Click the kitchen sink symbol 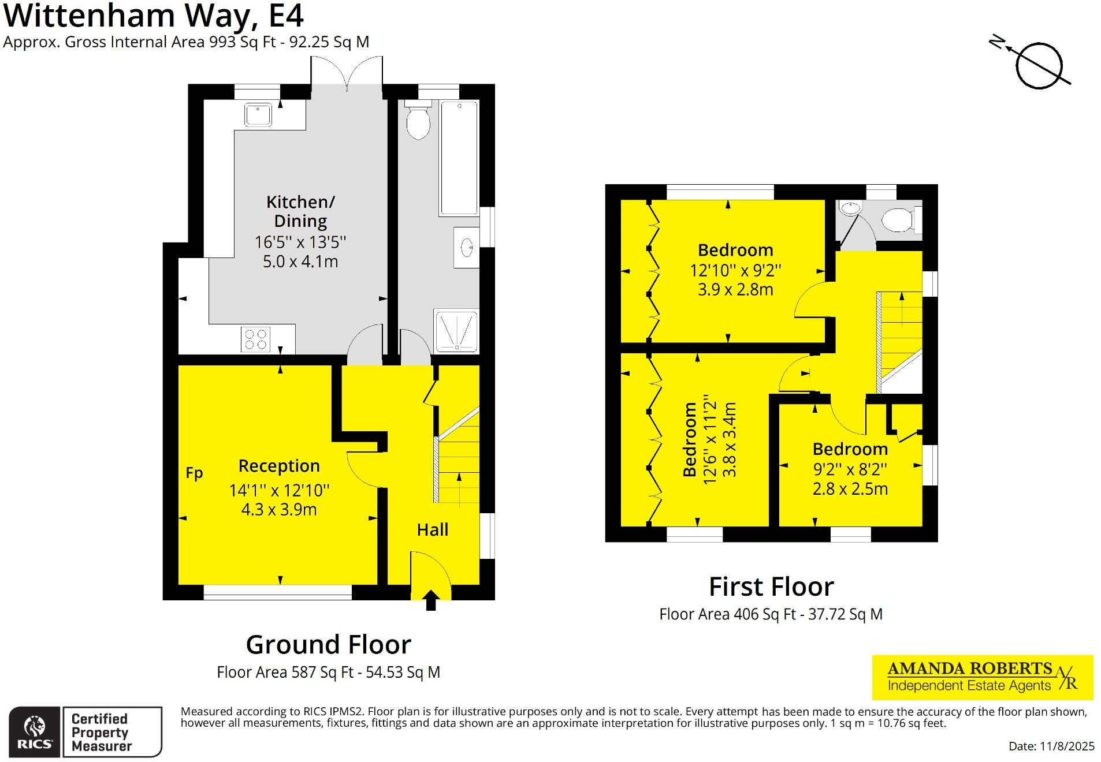tap(258, 114)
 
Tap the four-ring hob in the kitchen tap(255, 339)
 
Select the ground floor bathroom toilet tap(418, 122)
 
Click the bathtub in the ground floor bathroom tap(459, 158)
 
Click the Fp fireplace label tap(194, 473)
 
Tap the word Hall tap(432, 529)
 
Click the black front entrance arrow tap(430, 600)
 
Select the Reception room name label tap(279, 465)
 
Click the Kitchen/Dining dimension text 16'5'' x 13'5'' tap(300, 241)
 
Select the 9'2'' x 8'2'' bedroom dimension tap(850, 469)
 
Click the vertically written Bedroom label tap(690, 439)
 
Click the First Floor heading tap(771, 587)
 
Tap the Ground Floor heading tap(328, 644)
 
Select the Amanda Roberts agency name tap(969, 668)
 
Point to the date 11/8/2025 tap(1051, 746)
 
